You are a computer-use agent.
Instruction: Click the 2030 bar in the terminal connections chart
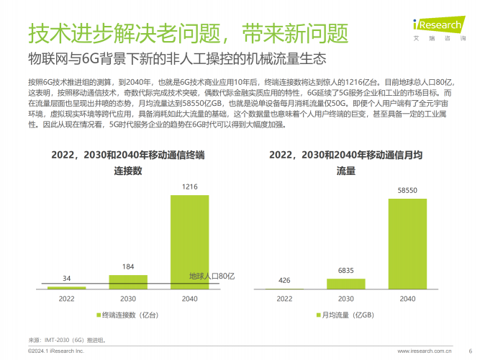tap(128, 282)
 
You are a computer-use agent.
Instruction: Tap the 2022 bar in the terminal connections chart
tap(66, 288)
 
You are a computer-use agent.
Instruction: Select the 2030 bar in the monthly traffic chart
tap(346, 284)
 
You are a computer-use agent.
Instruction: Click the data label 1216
tap(190, 187)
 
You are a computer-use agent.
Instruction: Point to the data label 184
tap(128, 267)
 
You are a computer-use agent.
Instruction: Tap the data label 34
tap(66, 279)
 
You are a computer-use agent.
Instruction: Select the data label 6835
tap(346, 271)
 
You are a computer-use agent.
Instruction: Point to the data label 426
tap(284, 281)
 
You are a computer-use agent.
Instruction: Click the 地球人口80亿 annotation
tap(212, 276)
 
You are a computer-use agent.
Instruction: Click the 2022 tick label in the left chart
tap(66, 298)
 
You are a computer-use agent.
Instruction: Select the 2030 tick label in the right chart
tap(346, 298)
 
